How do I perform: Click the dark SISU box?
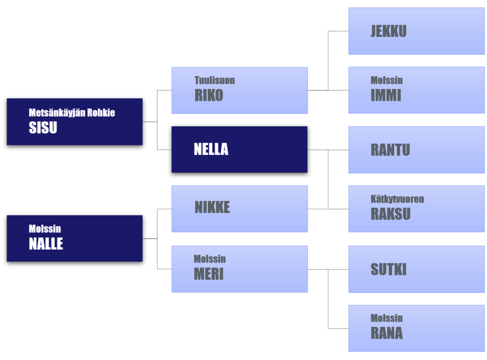75,122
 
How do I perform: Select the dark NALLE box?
75,238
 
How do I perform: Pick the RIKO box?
239,90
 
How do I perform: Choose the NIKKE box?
239,209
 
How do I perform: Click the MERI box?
239,269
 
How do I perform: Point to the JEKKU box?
416,31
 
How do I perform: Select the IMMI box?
416,90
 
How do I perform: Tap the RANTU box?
416,150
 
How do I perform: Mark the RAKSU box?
416,209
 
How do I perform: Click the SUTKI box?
416,269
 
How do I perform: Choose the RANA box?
416,328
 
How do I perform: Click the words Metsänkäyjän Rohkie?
72,113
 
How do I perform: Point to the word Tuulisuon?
214,80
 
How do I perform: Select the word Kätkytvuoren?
397,199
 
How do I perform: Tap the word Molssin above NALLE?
45,229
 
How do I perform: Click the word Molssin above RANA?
387,318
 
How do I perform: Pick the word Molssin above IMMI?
387,80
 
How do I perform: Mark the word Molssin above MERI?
210,259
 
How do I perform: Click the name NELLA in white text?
211,149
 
